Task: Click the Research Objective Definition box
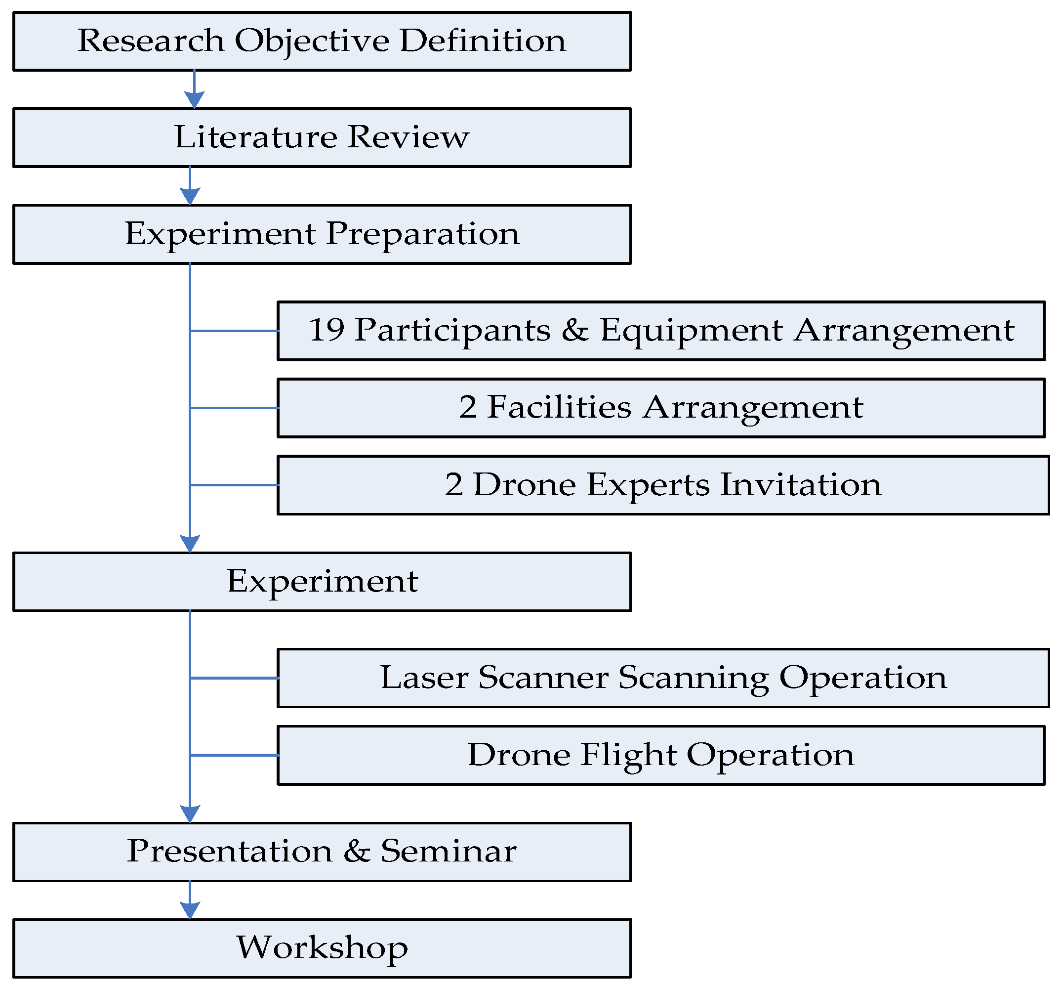[322, 42]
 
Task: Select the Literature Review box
[322, 138]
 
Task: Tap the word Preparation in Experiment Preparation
[422, 234]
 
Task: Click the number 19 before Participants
[327, 330]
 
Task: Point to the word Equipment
[691, 331]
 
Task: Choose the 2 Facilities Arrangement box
[661, 408]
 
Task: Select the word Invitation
[801, 485]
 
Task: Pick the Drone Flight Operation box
[661, 755]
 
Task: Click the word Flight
[627, 755]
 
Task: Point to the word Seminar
[449, 852]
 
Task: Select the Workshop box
[322, 948]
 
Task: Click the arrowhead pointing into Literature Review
[194, 100]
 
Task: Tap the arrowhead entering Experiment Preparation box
[190, 196]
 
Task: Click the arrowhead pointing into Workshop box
[190, 910]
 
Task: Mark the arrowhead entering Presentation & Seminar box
[190, 814]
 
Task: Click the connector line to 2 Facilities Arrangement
[234, 408]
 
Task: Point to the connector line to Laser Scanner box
[234, 678]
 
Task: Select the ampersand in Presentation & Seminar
[357, 851]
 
